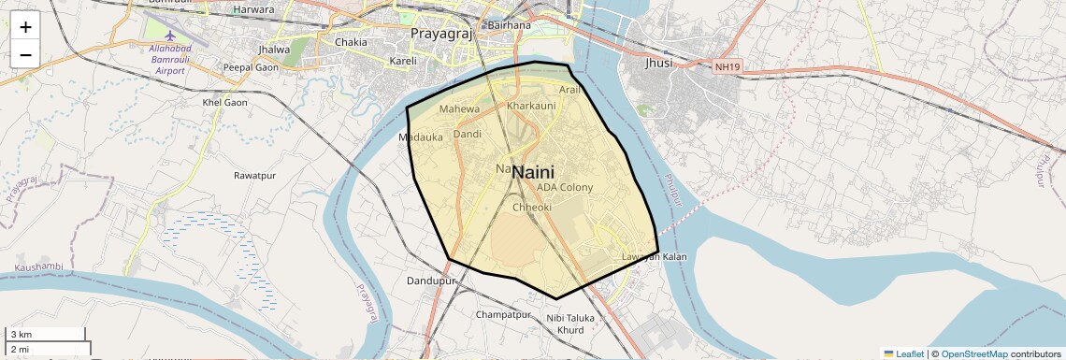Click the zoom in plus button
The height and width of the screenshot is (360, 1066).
click(x=25, y=27)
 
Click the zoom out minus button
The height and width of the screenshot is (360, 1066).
click(x=25, y=54)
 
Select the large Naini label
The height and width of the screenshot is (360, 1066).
click(x=533, y=172)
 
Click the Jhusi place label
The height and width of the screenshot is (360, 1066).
click(x=658, y=64)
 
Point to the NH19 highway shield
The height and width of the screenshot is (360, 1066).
click(x=726, y=66)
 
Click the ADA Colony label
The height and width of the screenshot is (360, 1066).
click(x=565, y=187)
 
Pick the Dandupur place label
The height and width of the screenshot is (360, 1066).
click(x=431, y=281)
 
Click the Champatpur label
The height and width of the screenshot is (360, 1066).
click(x=503, y=315)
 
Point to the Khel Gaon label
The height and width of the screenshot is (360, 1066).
click(x=224, y=102)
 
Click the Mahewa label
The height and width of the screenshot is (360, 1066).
click(x=459, y=109)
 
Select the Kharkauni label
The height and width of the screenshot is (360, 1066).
click(x=531, y=107)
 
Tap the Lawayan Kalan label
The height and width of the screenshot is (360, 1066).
click(x=655, y=257)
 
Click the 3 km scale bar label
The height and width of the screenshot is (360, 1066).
click(x=21, y=335)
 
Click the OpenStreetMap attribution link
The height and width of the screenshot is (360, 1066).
click(x=974, y=354)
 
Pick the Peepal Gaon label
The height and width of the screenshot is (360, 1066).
click(x=251, y=67)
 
